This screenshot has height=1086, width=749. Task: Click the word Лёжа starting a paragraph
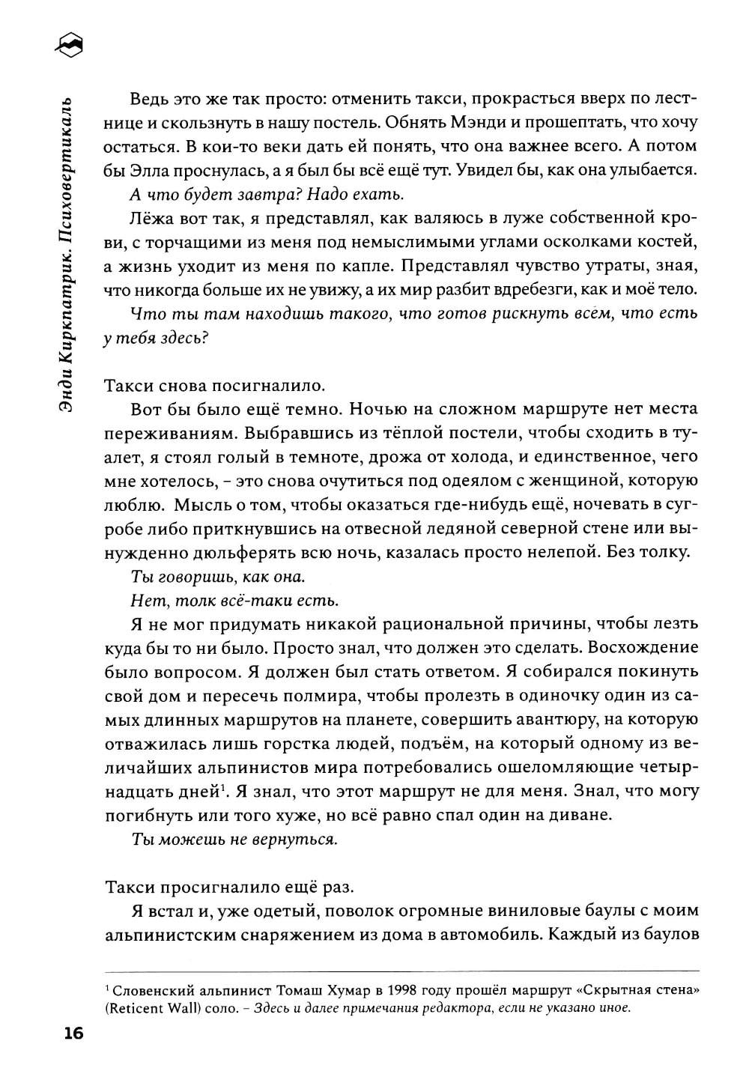tap(151, 219)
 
